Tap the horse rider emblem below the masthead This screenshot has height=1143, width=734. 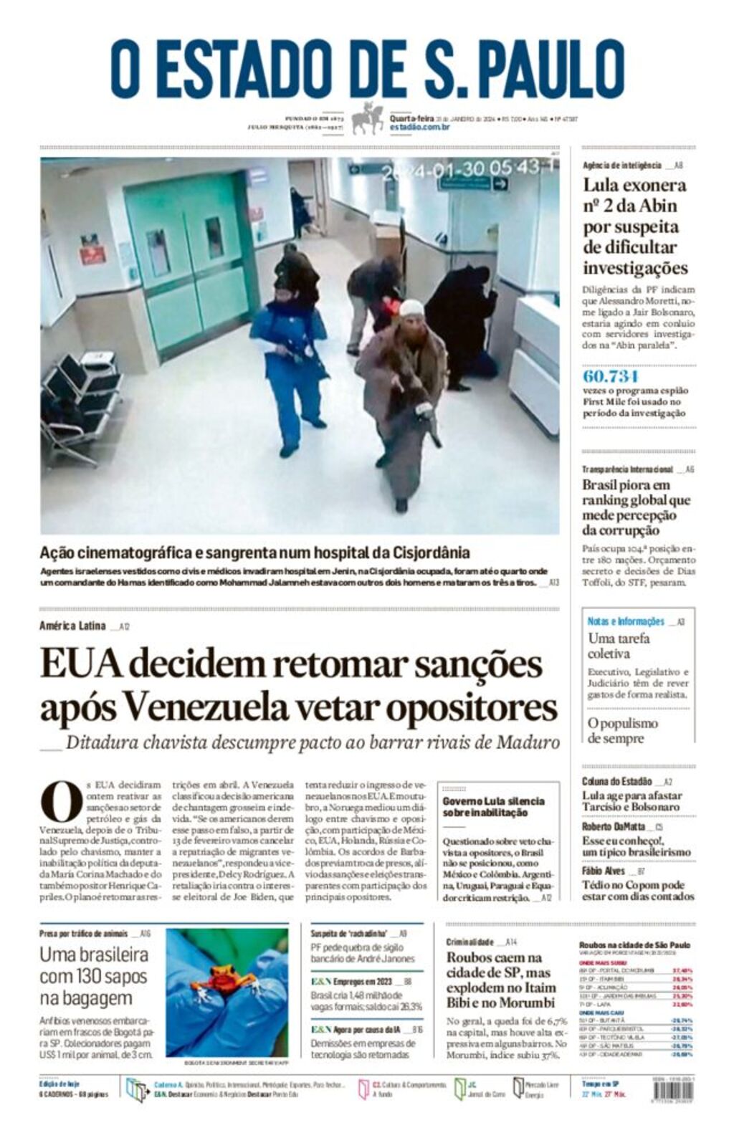click(368, 118)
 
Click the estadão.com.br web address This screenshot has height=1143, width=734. click(420, 127)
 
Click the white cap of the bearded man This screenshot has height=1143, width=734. click(411, 308)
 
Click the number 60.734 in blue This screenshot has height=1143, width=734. click(611, 376)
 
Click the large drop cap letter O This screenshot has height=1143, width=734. click(62, 802)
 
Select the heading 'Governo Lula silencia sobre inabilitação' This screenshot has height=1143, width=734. click(493, 807)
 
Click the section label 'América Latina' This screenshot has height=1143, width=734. click(72, 626)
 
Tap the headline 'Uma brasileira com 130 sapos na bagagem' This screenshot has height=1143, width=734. click(94, 976)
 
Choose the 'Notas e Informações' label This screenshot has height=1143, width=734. click(626, 621)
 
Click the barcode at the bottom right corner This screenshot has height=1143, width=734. click(673, 1089)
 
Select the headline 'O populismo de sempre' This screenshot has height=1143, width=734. click(622, 730)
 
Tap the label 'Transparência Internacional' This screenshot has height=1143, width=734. click(627, 469)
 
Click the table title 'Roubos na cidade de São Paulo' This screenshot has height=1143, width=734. click(634, 945)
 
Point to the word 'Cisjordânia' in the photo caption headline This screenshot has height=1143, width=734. click(431, 553)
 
